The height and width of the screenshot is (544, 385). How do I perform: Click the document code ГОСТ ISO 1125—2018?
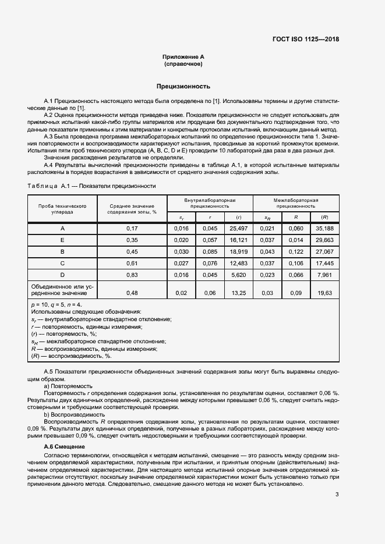coord(305,40)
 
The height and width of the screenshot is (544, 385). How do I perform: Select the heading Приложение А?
coord(183,56)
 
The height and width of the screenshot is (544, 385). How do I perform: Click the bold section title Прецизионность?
coord(183,86)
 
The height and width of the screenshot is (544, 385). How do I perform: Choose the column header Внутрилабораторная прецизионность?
coord(210,203)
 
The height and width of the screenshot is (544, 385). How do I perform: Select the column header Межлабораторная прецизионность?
coord(296,203)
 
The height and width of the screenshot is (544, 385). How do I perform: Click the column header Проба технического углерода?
coord(63,208)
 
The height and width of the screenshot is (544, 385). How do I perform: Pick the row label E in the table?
coord(63,240)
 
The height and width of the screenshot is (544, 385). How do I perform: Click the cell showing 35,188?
coord(324,228)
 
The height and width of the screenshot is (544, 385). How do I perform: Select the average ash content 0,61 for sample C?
coord(132,263)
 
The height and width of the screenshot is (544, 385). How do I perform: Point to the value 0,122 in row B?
coord(296,251)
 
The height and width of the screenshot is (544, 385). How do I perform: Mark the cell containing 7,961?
coord(324,275)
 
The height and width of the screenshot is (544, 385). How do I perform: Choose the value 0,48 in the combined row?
coord(132,293)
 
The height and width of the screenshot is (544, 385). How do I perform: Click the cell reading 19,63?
coord(324,293)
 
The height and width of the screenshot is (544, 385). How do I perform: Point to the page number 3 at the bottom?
coord(337,495)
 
